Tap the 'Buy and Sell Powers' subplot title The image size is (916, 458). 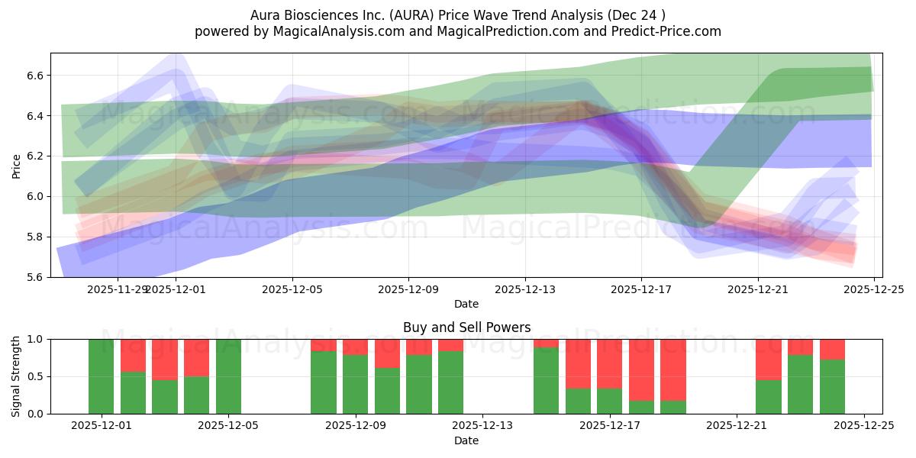pyautogui.click(x=466, y=327)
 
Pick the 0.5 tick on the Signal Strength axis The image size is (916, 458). pyautogui.click(x=37, y=376)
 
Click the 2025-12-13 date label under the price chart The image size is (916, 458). pyautogui.click(x=524, y=289)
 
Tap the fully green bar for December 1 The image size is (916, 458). pyautogui.click(x=101, y=376)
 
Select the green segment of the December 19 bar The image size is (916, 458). pyautogui.click(x=673, y=408)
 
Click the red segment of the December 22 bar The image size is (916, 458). pyautogui.click(x=769, y=359)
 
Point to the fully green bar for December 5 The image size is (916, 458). pyautogui.click(x=228, y=376)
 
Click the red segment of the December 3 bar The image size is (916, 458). pyautogui.click(x=165, y=359)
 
